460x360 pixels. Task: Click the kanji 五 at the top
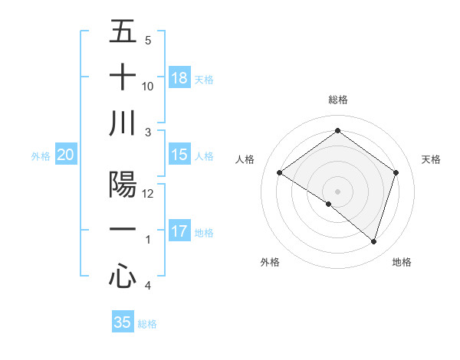click(x=123, y=31)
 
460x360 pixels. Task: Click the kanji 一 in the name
click(x=123, y=230)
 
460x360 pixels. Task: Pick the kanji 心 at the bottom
click(x=123, y=276)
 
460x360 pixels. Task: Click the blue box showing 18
click(x=179, y=78)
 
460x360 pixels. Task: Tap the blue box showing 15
click(x=179, y=155)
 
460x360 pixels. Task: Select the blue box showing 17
click(x=179, y=231)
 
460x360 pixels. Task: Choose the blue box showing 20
click(x=66, y=155)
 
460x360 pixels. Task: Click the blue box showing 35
click(x=123, y=322)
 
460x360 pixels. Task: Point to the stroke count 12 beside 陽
click(x=149, y=194)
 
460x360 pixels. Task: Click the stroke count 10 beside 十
click(x=149, y=87)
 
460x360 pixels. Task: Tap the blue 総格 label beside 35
click(x=147, y=324)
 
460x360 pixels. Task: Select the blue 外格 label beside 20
click(x=41, y=156)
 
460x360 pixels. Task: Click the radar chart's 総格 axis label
click(x=337, y=100)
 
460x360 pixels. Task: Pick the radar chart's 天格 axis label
click(x=431, y=159)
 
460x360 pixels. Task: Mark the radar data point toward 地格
click(x=373, y=241)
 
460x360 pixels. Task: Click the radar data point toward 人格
click(x=280, y=173)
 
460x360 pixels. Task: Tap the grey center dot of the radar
click(x=337, y=191)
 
